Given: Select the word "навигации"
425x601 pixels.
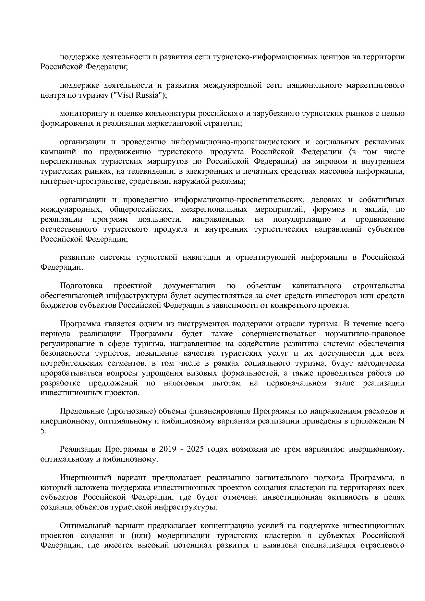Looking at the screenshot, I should tap(201, 257).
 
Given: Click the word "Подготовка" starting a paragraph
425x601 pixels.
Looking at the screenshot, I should tap(81, 285).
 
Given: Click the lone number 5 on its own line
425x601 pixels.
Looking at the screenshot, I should tap(42, 431).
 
